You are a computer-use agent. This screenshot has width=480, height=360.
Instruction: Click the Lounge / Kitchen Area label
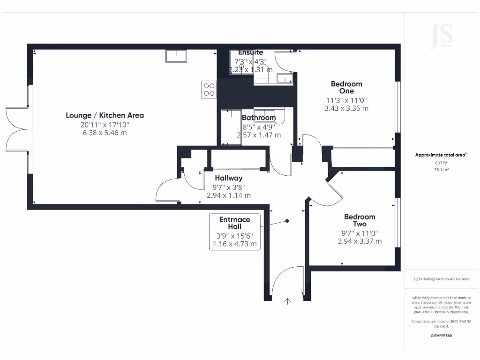pos(105,115)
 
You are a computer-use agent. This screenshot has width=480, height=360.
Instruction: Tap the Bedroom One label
pos(346,88)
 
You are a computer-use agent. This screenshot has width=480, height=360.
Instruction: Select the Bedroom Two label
pos(360,220)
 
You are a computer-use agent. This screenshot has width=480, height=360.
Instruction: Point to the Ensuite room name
pos(250,52)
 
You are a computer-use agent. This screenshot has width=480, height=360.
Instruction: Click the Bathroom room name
pos(259,118)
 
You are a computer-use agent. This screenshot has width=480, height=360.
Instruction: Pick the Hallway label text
pos(229,178)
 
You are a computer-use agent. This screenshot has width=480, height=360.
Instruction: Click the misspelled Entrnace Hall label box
pos(235,231)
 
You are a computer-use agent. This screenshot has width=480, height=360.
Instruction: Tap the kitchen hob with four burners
pos(209,89)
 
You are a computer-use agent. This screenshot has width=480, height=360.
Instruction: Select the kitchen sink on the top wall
pos(176,56)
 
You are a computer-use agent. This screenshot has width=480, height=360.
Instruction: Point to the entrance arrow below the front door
pos(287,301)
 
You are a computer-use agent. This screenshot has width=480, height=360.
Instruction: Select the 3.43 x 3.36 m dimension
pos(346,108)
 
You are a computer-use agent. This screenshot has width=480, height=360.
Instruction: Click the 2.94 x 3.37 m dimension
pos(360,241)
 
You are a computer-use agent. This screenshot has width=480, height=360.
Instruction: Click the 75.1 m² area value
pos(441,170)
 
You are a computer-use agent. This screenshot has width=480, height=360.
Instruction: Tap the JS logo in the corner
pos(442,37)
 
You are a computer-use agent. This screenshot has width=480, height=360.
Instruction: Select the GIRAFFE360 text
pos(441,336)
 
